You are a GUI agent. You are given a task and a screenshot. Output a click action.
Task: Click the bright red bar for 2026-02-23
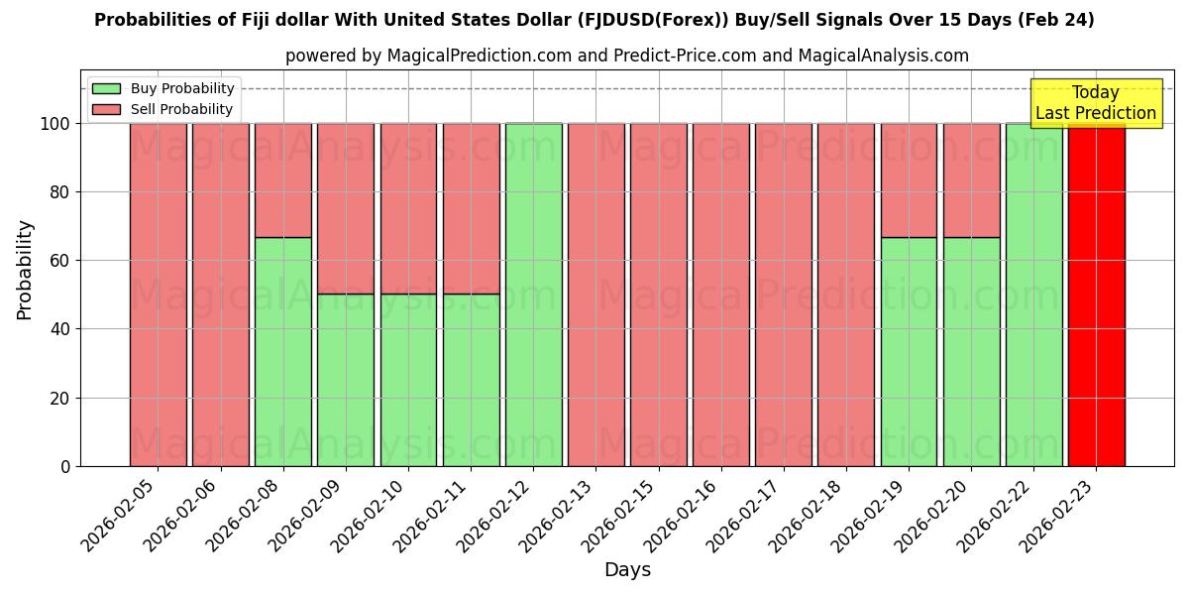click(x=1096, y=295)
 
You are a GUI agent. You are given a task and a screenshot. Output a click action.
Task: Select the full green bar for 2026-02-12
click(x=533, y=295)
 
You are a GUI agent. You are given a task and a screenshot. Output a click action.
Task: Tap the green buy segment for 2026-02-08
click(x=282, y=351)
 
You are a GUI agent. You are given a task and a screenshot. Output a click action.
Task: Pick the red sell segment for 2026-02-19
click(x=909, y=179)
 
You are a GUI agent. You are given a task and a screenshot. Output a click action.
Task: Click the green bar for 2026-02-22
click(x=1033, y=295)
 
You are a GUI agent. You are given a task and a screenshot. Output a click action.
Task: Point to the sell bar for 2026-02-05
click(x=158, y=295)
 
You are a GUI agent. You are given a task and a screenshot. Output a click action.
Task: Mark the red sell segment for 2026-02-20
click(x=971, y=179)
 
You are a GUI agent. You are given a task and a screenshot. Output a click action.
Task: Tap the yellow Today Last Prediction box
click(x=1095, y=103)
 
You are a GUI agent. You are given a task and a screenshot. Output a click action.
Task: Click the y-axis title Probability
click(x=25, y=269)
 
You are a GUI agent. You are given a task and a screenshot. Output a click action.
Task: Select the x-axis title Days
click(x=627, y=570)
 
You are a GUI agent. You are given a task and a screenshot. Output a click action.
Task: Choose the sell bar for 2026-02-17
click(x=783, y=295)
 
